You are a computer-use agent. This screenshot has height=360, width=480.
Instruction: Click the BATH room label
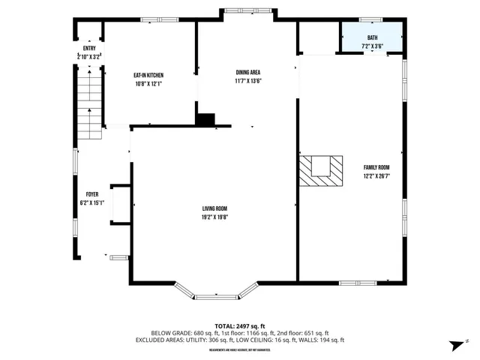tap(372, 37)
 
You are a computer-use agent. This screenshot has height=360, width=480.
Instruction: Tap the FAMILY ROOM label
tap(376, 167)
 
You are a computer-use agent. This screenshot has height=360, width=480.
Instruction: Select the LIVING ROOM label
tap(214, 208)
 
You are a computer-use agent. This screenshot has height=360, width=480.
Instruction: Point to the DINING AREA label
tap(247, 72)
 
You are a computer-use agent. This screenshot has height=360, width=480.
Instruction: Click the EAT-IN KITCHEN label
tap(148, 75)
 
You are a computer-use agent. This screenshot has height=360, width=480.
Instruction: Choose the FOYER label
tap(91, 194)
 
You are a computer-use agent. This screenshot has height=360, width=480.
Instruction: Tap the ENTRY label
tap(89, 48)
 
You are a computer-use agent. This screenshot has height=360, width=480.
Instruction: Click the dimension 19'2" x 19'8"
tap(214, 217)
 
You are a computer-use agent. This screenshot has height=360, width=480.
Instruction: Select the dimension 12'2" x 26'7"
tap(376, 176)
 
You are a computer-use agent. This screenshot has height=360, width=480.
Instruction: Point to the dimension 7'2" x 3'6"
tap(372, 46)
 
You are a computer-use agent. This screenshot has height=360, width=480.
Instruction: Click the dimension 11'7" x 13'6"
tap(247, 81)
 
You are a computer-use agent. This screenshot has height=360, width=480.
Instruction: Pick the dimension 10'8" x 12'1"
tap(148, 84)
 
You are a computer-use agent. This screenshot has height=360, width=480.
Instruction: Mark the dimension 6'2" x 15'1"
tap(91, 203)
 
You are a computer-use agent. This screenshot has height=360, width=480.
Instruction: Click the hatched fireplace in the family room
tap(319, 170)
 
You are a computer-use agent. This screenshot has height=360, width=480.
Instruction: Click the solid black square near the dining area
tap(205, 119)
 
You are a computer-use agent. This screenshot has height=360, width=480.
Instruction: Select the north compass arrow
tap(454, 344)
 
